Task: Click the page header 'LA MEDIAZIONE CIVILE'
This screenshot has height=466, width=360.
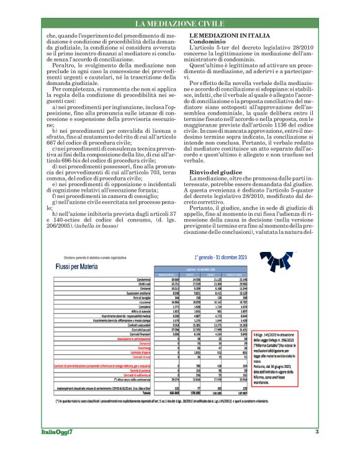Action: click(179, 24)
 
